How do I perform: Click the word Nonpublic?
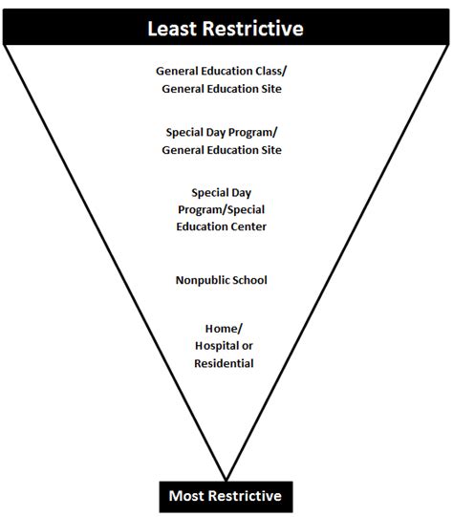point(202,280)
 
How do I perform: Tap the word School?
point(249,280)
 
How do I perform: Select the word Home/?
point(224,328)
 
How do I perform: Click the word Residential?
point(226,363)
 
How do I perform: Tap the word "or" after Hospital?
point(249,345)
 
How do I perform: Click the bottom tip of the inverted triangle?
point(226,479)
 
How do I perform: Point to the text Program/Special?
point(226,209)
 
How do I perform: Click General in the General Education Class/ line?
point(179,71)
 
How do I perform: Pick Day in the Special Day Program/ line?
point(218,132)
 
